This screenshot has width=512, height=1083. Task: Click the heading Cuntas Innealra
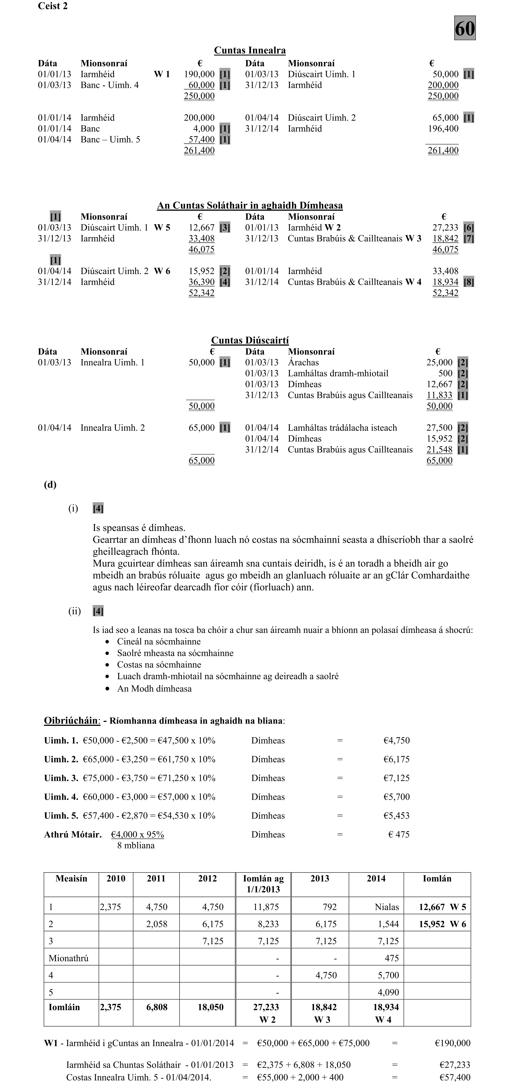(250, 50)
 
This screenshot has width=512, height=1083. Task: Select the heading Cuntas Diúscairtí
(250, 340)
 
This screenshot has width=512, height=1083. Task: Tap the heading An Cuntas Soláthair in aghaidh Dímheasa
(250, 206)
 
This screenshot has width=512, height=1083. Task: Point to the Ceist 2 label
(53, 6)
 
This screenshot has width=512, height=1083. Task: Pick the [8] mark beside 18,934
(468, 282)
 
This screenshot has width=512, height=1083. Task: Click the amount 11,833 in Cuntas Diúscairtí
(439, 395)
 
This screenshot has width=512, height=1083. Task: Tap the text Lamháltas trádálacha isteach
(342, 428)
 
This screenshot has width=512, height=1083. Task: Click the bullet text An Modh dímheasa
(154, 689)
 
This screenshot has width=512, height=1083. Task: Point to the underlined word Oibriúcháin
(71, 720)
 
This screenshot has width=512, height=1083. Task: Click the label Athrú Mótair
(73, 835)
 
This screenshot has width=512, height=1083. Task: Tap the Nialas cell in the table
(387, 907)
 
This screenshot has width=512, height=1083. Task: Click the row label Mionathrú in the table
(68, 958)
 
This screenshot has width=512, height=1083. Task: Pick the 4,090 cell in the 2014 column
(388, 992)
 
